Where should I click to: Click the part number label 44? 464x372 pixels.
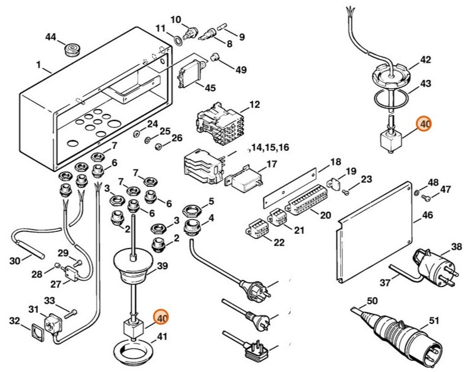click(50, 37)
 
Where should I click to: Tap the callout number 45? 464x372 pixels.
click(210, 88)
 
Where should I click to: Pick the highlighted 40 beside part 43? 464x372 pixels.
click(425, 125)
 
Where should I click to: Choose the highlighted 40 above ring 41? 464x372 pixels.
click(160, 317)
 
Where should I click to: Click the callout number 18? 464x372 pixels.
click(335, 162)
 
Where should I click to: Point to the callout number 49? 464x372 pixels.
click(240, 69)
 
